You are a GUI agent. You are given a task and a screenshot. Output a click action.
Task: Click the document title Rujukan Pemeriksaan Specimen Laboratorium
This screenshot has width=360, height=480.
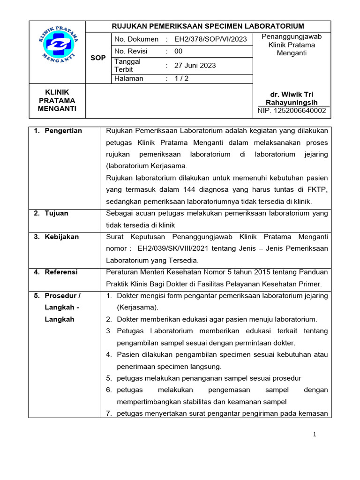(207, 26)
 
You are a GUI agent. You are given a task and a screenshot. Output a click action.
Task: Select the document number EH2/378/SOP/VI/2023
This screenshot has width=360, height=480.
(210, 39)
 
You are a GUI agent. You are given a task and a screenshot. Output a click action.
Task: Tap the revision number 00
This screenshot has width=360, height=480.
(179, 51)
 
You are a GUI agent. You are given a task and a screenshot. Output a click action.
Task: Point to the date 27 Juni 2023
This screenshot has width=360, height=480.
(195, 66)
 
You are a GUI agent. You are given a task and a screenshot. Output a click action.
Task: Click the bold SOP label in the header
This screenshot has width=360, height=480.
(98, 58)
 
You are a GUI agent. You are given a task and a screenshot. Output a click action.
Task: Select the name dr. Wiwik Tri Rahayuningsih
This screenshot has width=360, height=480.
(292, 98)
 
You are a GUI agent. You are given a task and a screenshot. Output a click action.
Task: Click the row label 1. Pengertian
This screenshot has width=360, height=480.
(58, 131)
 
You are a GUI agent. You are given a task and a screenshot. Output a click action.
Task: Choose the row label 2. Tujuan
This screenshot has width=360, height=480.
(51, 213)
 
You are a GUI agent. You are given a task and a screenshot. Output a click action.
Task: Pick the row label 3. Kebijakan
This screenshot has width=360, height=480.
(56, 237)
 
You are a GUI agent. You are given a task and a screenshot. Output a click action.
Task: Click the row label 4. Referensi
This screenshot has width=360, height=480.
(56, 272)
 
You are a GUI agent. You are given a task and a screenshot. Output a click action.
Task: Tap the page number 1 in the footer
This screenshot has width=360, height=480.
(315, 435)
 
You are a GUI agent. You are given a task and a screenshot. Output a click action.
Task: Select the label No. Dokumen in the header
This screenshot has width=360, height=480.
(136, 39)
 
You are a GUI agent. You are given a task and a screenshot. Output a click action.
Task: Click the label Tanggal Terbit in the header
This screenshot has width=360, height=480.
(127, 66)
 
